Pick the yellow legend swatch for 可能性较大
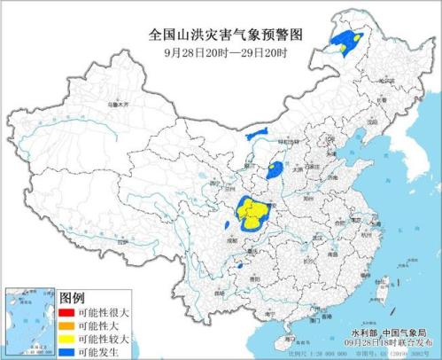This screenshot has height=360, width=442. coord(66,338)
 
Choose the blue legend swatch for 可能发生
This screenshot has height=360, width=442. coord(66,350)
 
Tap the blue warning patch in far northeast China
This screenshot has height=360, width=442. coord(347,41)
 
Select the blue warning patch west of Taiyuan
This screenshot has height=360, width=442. coord(275,168)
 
